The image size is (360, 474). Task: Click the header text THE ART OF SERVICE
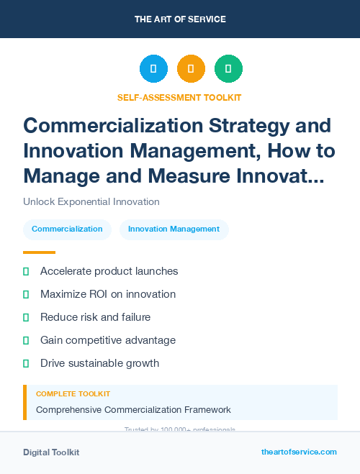(x=180, y=19)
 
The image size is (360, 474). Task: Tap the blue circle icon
(x=153, y=69)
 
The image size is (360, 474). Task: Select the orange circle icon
(x=191, y=69)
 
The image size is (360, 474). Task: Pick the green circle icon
(x=228, y=69)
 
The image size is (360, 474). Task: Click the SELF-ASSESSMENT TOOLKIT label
(x=180, y=97)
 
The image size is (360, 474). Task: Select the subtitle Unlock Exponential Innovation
(x=91, y=201)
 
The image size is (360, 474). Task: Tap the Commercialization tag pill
(x=67, y=229)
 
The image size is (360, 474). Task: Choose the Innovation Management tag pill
(x=174, y=229)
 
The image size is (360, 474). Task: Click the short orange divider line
(x=39, y=252)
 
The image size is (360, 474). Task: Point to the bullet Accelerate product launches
(x=109, y=271)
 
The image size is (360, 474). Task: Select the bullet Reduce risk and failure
(x=95, y=317)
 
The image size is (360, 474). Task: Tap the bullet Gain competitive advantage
(x=108, y=340)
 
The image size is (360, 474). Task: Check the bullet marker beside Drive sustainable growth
(x=26, y=363)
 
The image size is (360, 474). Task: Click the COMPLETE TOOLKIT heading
(x=73, y=394)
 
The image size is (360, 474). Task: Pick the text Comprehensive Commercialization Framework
(x=133, y=410)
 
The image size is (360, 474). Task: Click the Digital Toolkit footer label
(x=51, y=452)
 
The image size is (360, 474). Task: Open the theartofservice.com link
(x=299, y=452)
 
